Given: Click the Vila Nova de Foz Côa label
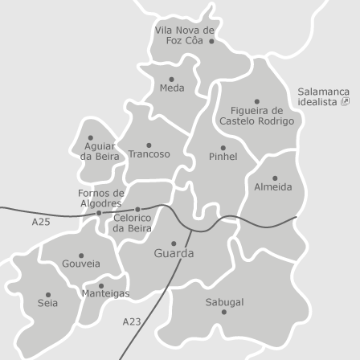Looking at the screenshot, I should pyautogui.click(x=184, y=35).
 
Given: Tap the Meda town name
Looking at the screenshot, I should pyautogui.click(x=172, y=88).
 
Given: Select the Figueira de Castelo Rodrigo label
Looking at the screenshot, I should pyautogui.click(x=256, y=116).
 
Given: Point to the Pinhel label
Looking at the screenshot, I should pyautogui.click(x=223, y=157).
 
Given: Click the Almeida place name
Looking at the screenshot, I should pyautogui.click(x=273, y=186).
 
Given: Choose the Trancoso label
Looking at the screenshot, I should pyautogui.click(x=149, y=153).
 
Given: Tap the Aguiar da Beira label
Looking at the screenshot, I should pyautogui.click(x=100, y=151).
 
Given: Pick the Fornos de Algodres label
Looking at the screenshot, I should pyautogui.click(x=100, y=198).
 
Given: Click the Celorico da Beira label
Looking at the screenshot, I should pyautogui.click(x=132, y=223).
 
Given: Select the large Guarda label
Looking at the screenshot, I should pyautogui.click(x=174, y=253).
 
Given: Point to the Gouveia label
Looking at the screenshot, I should pyautogui.click(x=81, y=264).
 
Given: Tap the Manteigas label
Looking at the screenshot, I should pyautogui.click(x=105, y=293).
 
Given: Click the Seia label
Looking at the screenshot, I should pyautogui.click(x=47, y=303).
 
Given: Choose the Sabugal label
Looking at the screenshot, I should pyautogui.click(x=224, y=302).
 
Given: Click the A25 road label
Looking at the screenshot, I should pyautogui.click(x=40, y=221).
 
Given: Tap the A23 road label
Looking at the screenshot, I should pyautogui.click(x=132, y=321).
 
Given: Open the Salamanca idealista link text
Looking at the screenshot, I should pyautogui.click(x=323, y=96).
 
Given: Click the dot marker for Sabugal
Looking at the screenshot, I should pyautogui.click(x=223, y=312).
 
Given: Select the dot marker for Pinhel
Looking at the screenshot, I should pyautogui.click(x=223, y=148).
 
